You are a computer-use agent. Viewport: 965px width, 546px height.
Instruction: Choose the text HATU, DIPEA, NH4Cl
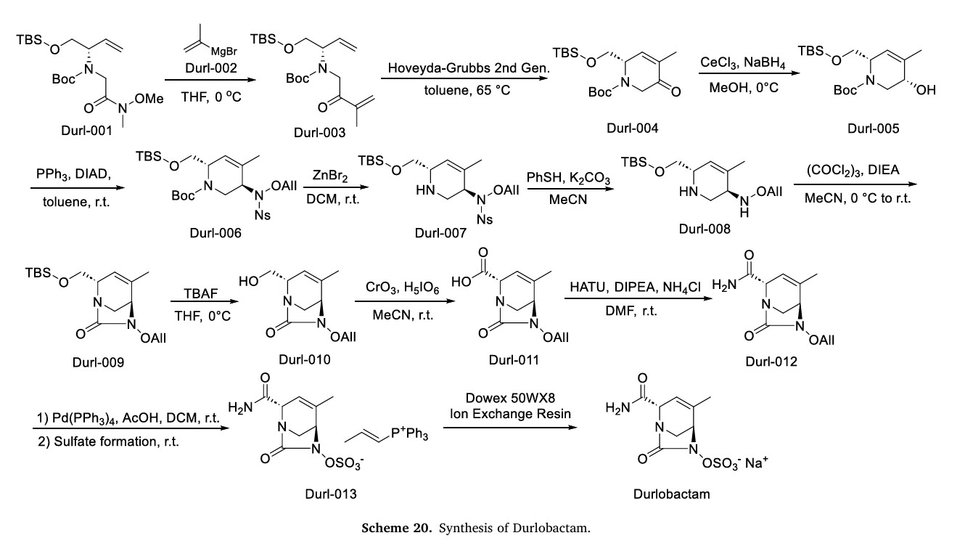tap(637, 290)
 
